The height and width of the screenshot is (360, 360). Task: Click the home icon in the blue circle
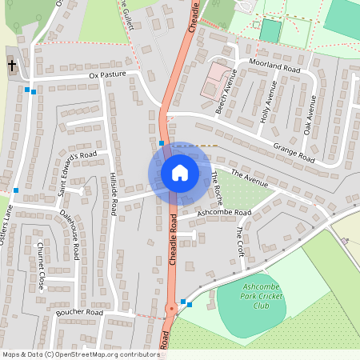pos(179,173)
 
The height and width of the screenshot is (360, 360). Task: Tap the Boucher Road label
pos(80,312)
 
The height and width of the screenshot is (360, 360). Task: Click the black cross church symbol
pos(12,64)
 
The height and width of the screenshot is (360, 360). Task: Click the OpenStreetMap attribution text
pos(80,354)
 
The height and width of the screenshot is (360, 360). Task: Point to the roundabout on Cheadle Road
pos(170,307)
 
